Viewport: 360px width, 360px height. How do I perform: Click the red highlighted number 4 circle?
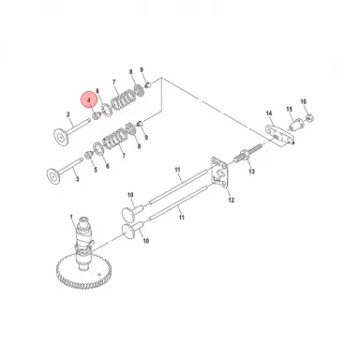click(x=87, y=98)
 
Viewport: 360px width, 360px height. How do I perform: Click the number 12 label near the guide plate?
click(x=232, y=201)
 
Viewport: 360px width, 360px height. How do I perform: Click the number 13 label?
click(x=251, y=173)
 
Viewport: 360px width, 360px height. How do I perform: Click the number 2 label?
click(x=68, y=117)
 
